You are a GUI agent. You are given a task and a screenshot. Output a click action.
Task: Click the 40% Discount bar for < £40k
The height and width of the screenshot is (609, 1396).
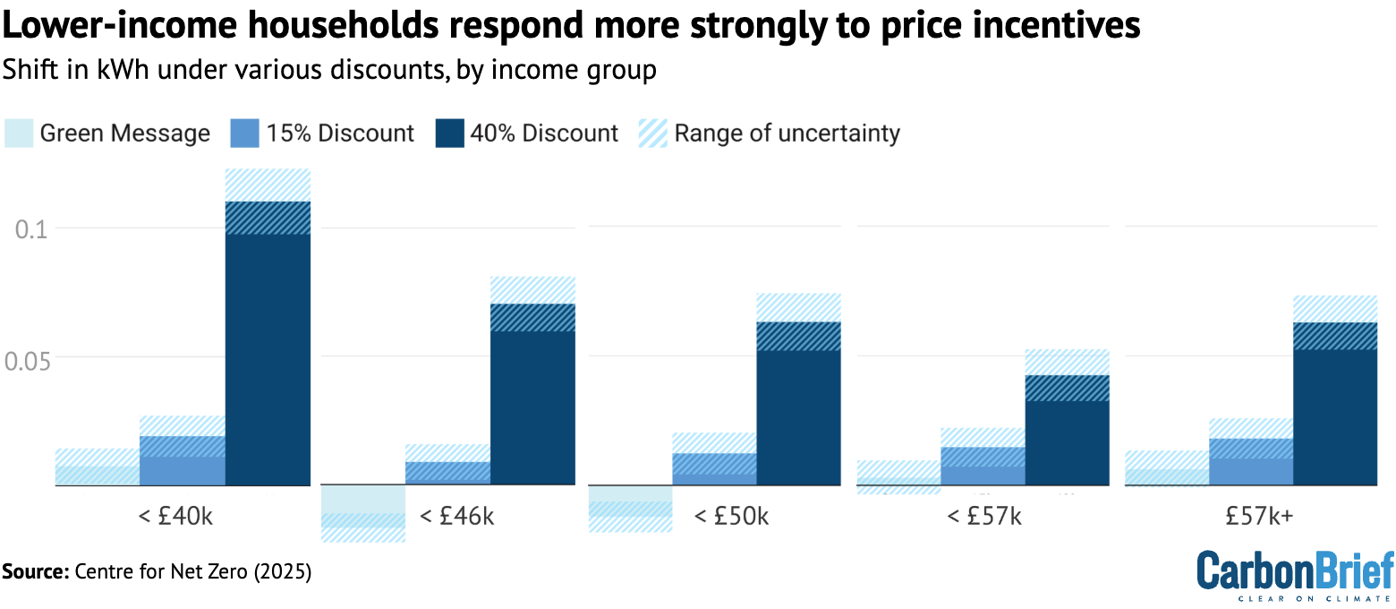point(268,358)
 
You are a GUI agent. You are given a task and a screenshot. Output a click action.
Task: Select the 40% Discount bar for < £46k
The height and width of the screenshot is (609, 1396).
point(532,403)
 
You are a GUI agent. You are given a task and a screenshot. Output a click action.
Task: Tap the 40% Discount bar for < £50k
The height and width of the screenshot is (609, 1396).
point(798,412)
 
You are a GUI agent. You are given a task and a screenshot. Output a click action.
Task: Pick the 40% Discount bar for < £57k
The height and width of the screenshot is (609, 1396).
point(1067,439)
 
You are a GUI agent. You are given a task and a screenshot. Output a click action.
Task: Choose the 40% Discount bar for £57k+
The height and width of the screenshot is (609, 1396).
point(1334,412)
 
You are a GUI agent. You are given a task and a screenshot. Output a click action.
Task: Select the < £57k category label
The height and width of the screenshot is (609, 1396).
point(983,517)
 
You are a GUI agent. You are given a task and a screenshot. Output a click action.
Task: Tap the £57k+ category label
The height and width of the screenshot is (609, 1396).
point(1250,517)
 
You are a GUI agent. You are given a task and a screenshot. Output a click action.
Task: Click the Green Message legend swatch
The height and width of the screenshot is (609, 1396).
point(19,133)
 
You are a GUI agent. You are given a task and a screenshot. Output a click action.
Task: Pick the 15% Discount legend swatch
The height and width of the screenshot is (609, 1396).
point(244,133)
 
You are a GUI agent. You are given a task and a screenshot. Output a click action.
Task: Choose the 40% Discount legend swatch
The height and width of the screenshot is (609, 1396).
point(449,133)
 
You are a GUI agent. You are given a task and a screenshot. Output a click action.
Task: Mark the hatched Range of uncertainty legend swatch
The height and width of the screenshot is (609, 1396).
point(652,133)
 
